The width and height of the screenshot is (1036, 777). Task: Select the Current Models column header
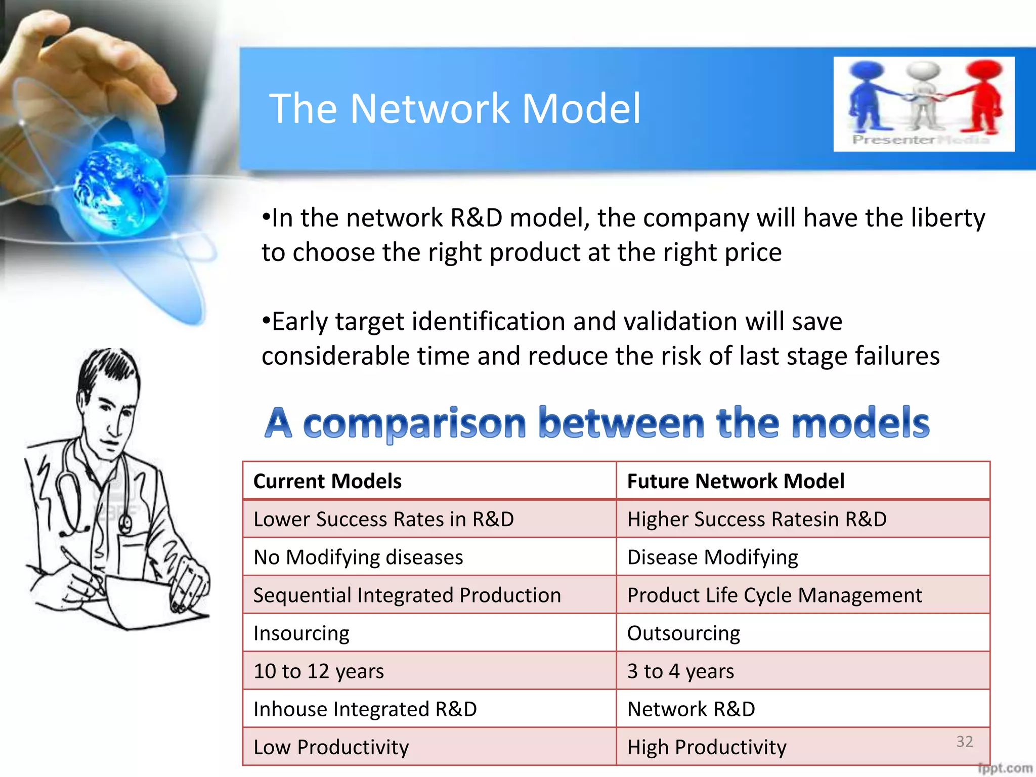pyautogui.click(x=327, y=481)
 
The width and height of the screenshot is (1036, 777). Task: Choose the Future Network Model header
pyautogui.click(x=736, y=481)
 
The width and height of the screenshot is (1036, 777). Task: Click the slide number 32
pyautogui.click(x=965, y=742)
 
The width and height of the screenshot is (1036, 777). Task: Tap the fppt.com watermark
pyautogui.click(x=1005, y=768)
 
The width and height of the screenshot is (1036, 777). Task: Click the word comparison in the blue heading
pyautogui.click(x=415, y=424)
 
